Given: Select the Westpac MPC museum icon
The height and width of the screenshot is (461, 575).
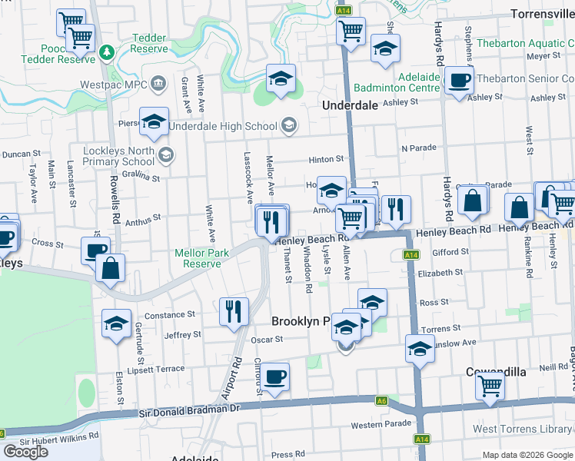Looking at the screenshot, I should (x=158, y=82).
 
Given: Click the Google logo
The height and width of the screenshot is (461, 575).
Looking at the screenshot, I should (x=25, y=451).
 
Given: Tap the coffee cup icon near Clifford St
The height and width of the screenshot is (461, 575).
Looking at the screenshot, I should (x=274, y=376).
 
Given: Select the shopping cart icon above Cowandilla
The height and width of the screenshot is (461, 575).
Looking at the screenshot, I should (x=490, y=386).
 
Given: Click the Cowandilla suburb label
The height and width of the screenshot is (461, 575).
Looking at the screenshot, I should (x=496, y=372).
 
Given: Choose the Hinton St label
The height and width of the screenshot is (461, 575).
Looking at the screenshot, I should (x=326, y=159).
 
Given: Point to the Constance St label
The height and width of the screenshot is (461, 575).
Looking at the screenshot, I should (x=170, y=315).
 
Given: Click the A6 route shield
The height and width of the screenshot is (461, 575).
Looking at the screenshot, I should (x=382, y=400).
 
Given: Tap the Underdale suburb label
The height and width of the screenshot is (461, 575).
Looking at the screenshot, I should (x=350, y=105).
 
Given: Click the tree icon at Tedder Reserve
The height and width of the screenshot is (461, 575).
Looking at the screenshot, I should (x=107, y=52).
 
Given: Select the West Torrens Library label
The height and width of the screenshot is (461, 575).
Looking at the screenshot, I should (x=523, y=429).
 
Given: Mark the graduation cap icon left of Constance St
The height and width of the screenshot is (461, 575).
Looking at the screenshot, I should (x=116, y=323).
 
